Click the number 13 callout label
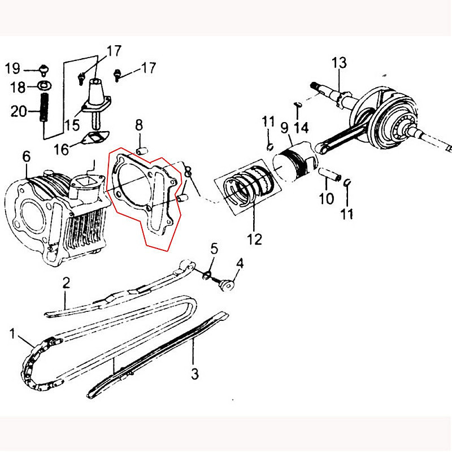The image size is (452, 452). (339, 63)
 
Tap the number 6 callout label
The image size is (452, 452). (26, 157)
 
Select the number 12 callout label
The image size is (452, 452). (255, 239)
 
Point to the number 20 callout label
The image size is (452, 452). (19, 111)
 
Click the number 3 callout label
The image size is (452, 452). (195, 374)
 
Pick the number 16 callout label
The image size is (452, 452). (62, 149)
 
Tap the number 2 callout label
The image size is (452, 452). (66, 283)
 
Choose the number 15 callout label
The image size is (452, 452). (72, 125)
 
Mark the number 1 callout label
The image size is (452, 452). (12, 334)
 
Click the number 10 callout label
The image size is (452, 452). (327, 198)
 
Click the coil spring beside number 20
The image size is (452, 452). (44, 107)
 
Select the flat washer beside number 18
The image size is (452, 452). (45, 85)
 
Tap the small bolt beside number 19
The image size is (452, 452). (44, 70)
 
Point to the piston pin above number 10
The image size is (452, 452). (330, 174)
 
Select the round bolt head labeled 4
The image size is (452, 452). (226, 285)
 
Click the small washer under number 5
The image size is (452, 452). (207, 275)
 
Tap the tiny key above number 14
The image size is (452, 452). (298, 105)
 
